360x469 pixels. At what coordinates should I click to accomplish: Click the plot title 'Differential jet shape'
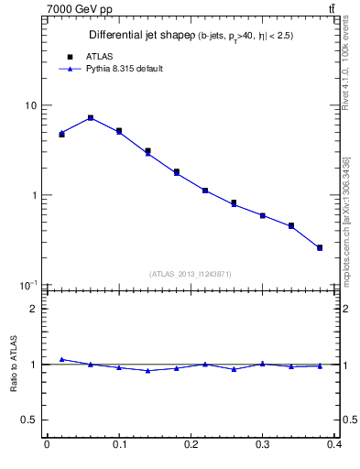(138, 36)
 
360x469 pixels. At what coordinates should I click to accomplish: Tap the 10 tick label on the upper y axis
(31, 105)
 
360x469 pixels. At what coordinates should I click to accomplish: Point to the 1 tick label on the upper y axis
(35, 195)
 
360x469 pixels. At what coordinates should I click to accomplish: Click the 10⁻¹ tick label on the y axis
(29, 285)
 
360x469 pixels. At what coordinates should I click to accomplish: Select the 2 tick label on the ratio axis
(35, 309)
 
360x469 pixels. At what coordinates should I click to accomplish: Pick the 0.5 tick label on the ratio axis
(30, 420)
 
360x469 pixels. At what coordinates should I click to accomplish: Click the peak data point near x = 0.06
(91, 117)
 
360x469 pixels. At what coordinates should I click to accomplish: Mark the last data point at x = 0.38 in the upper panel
(320, 247)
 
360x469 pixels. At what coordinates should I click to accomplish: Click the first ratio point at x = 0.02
(61, 359)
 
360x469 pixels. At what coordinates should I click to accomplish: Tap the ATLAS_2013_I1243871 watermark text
(191, 274)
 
